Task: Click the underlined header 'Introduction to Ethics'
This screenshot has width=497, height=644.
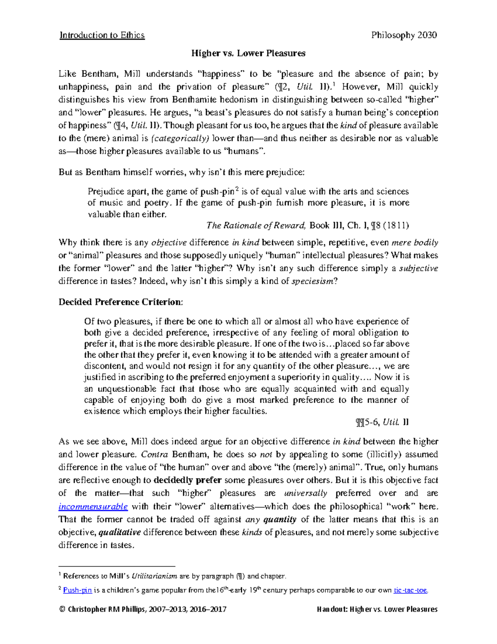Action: click(102, 35)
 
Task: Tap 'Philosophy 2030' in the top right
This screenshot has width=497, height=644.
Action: click(404, 35)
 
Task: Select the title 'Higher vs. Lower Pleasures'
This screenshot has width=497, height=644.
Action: click(248, 53)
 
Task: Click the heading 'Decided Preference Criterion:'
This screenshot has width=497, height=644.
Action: click(120, 302)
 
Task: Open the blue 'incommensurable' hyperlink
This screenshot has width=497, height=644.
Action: click(93, 506)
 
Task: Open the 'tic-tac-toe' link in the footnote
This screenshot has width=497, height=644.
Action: click(410, 590)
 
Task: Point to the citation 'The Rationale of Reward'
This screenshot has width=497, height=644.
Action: click(256, 226)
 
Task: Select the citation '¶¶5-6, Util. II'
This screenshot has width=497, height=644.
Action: click(382, 423)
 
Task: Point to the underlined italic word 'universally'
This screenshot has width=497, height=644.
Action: click(306, 493)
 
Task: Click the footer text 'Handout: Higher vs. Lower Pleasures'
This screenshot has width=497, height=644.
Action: click(377, 609)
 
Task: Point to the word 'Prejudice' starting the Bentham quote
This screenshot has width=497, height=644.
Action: click(106, 192)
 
